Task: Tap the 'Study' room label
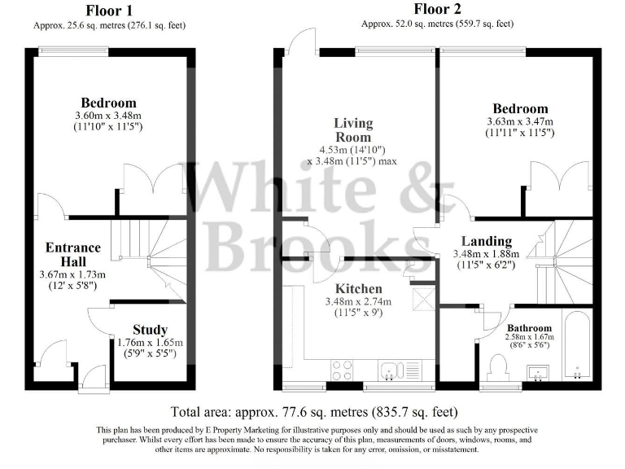tap(150, 330)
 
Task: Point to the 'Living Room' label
tap(353, 130)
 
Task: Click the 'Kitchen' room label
tap(359, 289)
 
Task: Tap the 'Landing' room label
tap(486, 241)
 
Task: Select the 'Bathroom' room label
tap(530, 327)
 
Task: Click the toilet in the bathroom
tap(498, 367)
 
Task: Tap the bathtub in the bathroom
tap(579, 346)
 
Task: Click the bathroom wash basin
tap(538, 373)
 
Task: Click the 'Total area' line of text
tap(314, 412)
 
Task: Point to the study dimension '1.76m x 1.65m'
tap(150, 343)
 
